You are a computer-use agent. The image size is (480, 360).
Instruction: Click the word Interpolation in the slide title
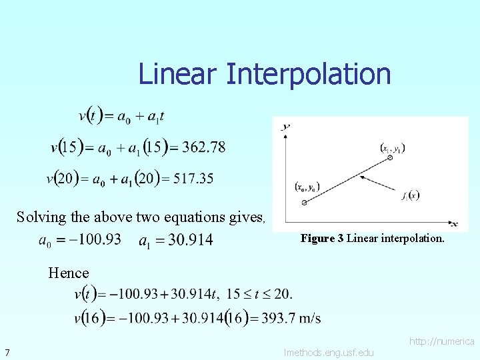[308, 74]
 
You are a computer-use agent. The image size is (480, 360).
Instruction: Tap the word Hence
[68, 272]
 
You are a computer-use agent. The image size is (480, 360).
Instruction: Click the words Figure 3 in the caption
[322, 238]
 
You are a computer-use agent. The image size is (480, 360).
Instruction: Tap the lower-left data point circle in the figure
[304, 201]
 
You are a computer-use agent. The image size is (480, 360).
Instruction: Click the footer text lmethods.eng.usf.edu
[329, 352]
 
